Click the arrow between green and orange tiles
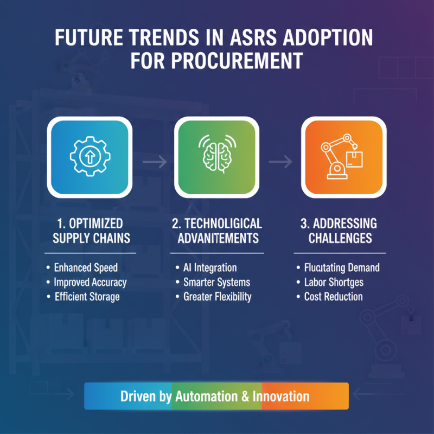click(280, 161)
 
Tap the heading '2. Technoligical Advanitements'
click(217, 231)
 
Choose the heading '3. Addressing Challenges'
click(340, 231)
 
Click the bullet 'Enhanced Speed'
click(86, 267)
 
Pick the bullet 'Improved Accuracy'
click(90, 282)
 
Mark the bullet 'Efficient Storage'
click(87, 297)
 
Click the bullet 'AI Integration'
click(209, 267)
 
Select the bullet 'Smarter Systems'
click(216, 282)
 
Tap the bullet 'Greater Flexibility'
click(217, 297)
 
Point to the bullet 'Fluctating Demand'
click(341, 267)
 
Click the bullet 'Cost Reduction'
click(333, 297)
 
